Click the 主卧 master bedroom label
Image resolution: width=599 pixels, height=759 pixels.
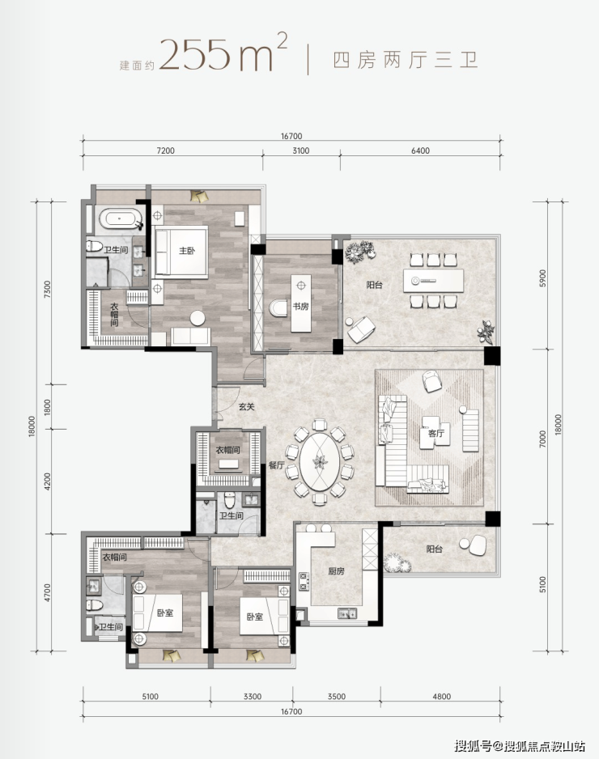click(x=187, y=251)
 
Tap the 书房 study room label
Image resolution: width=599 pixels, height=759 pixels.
click(x=300, y=306)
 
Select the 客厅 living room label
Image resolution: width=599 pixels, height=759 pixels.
click(x=435, y=433)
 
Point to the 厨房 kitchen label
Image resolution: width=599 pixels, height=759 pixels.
click(x=336, y=571)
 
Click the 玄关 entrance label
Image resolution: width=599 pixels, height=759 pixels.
click(x=246, y=406)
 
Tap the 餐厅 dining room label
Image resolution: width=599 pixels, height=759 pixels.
click(x=277, y=465)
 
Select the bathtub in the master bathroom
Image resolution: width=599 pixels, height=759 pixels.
click(x=120, y=218)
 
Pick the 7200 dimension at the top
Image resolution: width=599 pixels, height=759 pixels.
click(x=165, y=151)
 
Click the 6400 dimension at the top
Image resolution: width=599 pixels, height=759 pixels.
click(x=420, y=151)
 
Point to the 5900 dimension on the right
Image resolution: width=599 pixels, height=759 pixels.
click(x=542, y=278)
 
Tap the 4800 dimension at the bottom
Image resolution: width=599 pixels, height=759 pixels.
click(x=442, y=696)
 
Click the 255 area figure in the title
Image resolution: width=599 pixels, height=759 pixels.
click(x=193, y=55)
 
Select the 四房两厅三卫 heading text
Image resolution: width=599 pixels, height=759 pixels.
click(x=406, y=61)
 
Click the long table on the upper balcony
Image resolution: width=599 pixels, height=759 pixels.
click(x=433, y=281)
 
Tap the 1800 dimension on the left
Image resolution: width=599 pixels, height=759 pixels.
click(x=47, y=406)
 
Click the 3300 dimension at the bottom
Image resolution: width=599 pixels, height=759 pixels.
click(x=253, y=696)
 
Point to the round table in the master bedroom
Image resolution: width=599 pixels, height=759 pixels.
click(x=197, y=318)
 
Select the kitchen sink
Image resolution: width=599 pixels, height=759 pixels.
click(x=349, y=613)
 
